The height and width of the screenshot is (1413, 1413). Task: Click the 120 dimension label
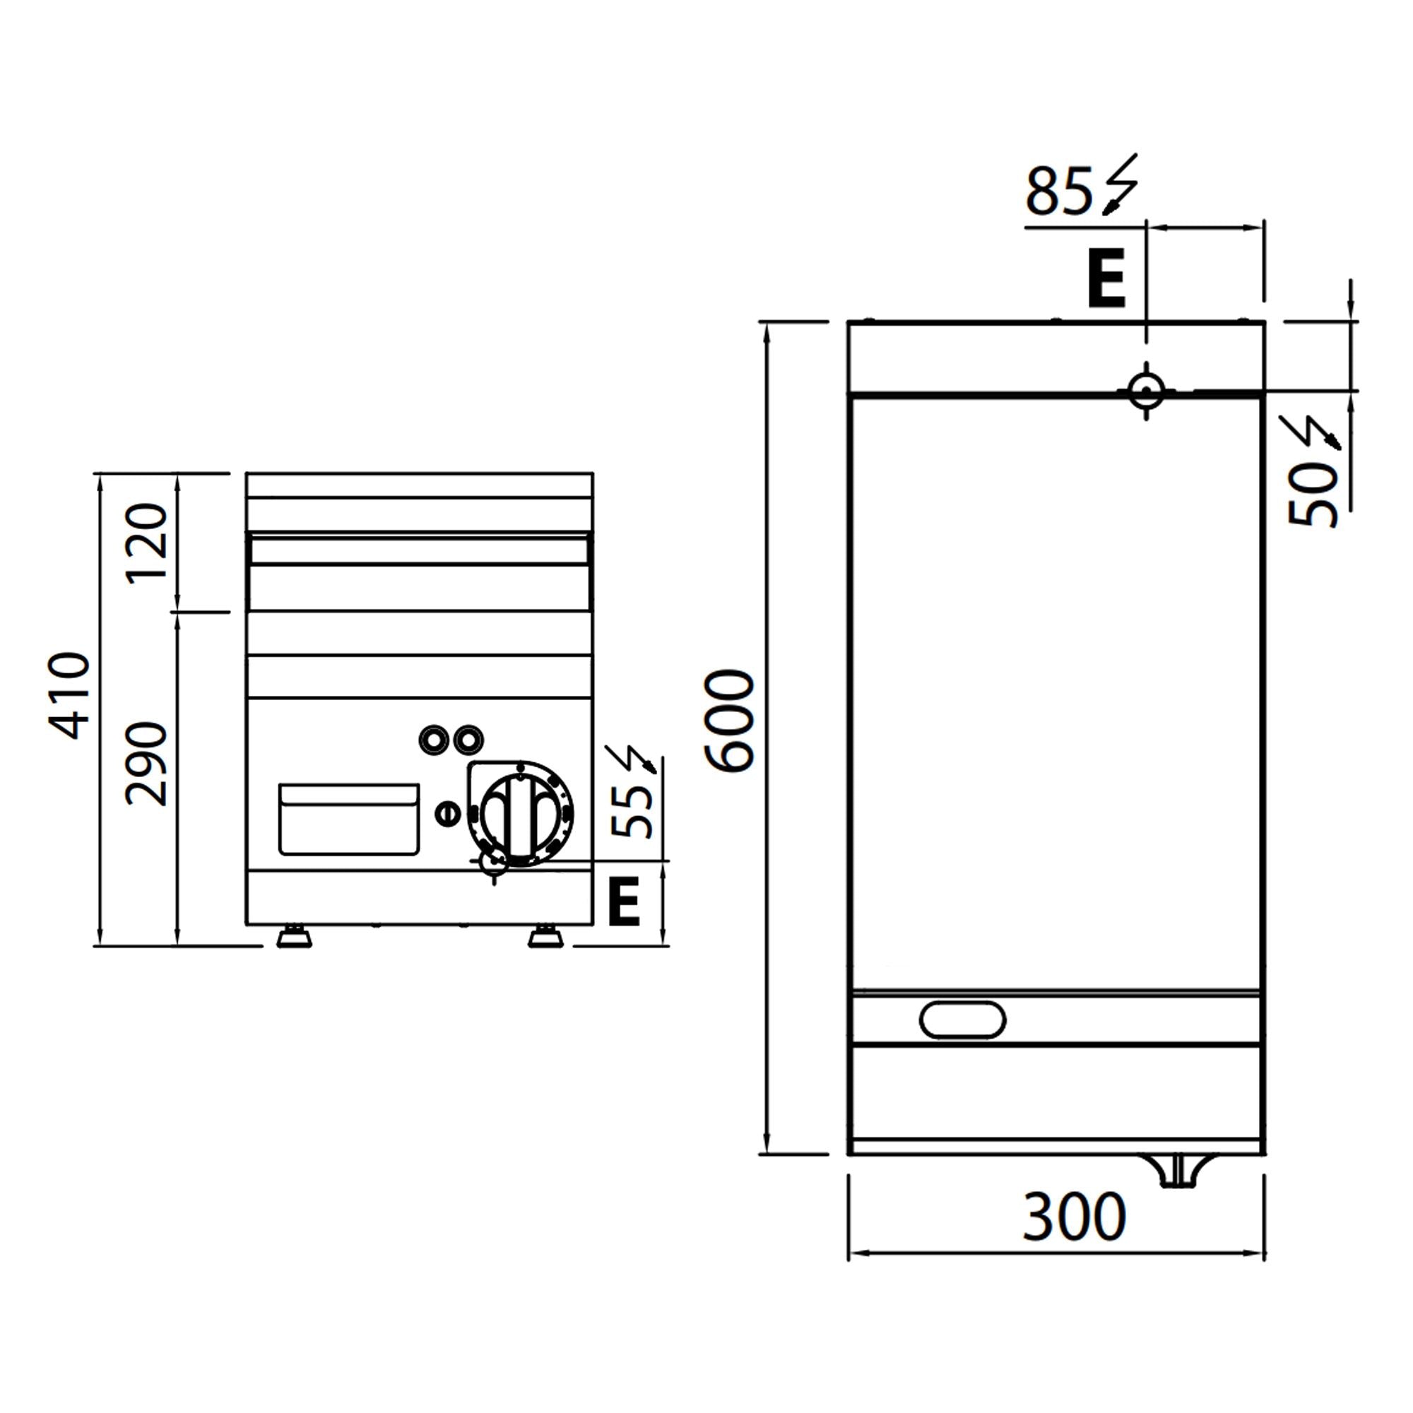click(x=148, y=543)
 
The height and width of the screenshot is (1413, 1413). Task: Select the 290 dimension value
click(x=148, y=764)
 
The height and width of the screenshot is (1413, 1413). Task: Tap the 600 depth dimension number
click(x=729, y=721)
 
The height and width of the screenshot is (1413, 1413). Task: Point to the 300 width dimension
click(x=1074, y=1217)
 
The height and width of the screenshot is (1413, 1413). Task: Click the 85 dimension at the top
click(x=1059, y=191)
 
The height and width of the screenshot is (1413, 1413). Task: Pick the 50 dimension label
click(x=1312, y=495)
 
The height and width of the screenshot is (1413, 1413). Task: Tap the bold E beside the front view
click(x=624, y=901)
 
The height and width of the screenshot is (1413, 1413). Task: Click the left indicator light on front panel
click(x=433, y=740)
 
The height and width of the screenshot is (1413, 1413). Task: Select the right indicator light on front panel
click(x=467, y=740)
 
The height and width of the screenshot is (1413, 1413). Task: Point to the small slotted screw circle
click(x=449, y=812)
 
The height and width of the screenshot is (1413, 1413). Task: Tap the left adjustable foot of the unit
click(x=294, y=937)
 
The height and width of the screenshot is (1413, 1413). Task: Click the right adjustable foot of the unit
click(x=545, y=937)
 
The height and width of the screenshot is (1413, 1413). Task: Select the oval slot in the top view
click(x=962, y=1019)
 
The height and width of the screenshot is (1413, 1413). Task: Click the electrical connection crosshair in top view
click(x=1146, y=391)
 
